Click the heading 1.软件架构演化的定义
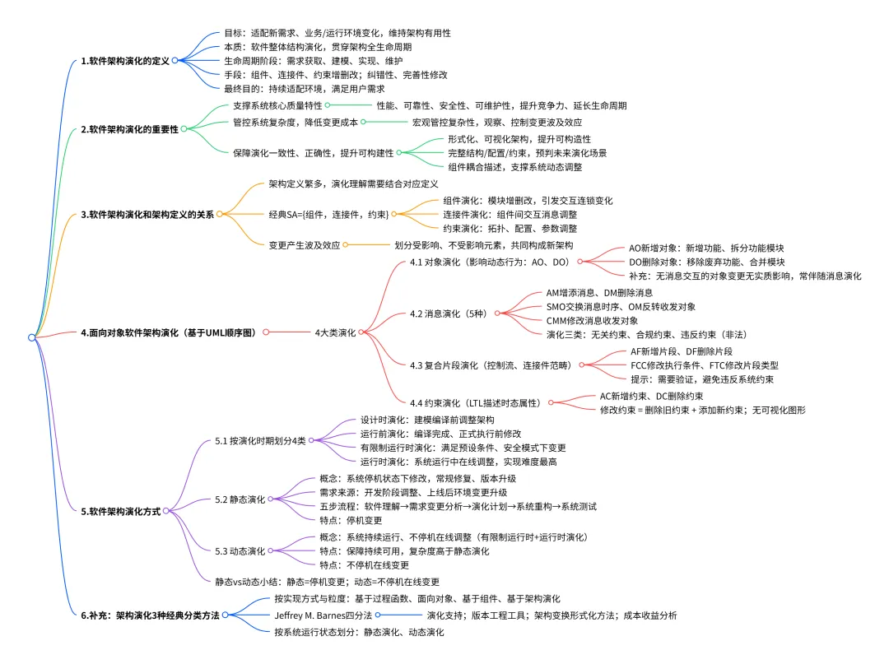(x=125, y=61)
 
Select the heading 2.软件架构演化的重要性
(x=129, y=129)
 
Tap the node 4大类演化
(x=335, y=332)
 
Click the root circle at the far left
(x=32, y=337)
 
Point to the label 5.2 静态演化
(x=240, y=499)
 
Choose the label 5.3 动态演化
(x=240, y=550)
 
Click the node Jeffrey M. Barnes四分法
(x=323, y=615)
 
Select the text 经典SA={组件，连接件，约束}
(x=328, y=214)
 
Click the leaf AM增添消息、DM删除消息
(x=599, y=292)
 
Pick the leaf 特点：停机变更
(x=351, y=520)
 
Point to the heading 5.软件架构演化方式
(x=121, y=511)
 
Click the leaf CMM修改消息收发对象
(x=592, y=321)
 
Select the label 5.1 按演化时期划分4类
(x=260, y=440)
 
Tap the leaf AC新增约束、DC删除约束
(x=651, y=396)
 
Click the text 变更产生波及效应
(x=305, y=245)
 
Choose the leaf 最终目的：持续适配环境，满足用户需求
(x=305, y=88)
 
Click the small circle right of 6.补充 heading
(x=225, y=615)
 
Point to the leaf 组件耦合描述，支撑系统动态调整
(x=514, y=167)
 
